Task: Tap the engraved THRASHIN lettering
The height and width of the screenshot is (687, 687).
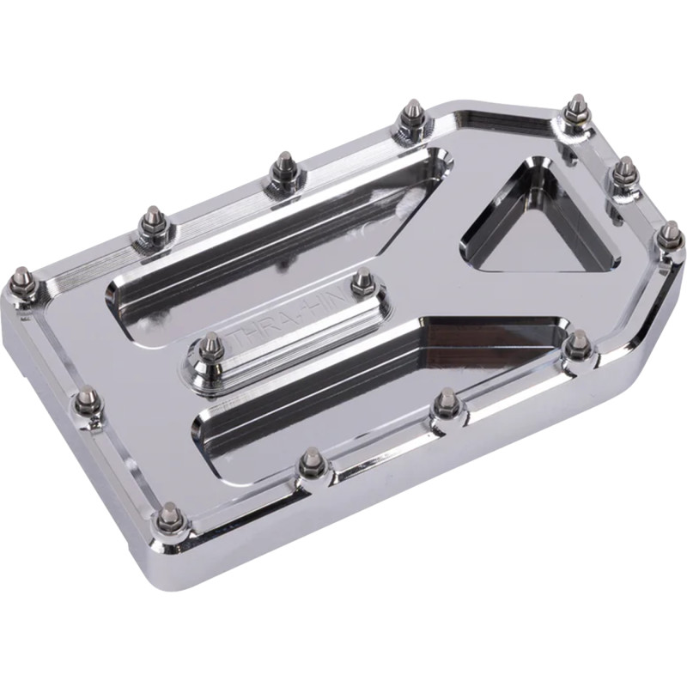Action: [283, 310]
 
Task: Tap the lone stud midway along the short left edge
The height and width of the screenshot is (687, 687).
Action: [87, 398]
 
